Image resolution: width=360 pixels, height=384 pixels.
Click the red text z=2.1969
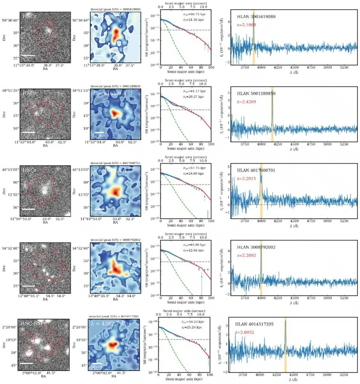pos(246,25)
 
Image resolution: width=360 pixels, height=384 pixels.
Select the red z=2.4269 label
pos(246,102)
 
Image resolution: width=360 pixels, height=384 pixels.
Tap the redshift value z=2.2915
pos(246,179)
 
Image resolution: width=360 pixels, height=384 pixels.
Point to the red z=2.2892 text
pos(246,255)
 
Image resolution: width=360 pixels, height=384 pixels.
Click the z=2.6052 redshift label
pos(245,332)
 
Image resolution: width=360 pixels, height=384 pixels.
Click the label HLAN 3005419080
pos(256,17)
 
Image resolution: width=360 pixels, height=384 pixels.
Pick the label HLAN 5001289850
pos(256,93)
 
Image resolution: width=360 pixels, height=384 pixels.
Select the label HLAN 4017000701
pos(256,170)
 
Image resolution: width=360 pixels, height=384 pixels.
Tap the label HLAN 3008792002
pos(256,247)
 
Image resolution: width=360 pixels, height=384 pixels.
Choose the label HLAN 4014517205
pos(254,324)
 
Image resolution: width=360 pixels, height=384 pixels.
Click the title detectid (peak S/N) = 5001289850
pos(116,86)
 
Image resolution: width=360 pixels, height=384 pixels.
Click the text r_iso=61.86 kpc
pos(193,245)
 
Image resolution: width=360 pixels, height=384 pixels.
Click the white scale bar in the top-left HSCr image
pos(28,55)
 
